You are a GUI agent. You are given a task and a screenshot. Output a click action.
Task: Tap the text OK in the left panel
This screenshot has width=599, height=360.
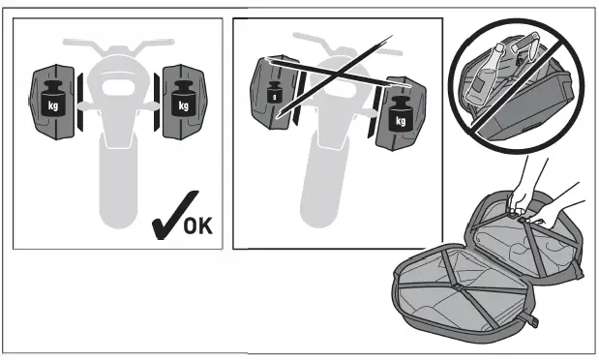196,227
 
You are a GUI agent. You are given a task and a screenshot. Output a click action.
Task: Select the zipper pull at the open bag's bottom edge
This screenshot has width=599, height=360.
531,320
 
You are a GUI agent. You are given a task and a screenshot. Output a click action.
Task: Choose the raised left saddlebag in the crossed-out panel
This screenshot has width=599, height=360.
272,92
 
